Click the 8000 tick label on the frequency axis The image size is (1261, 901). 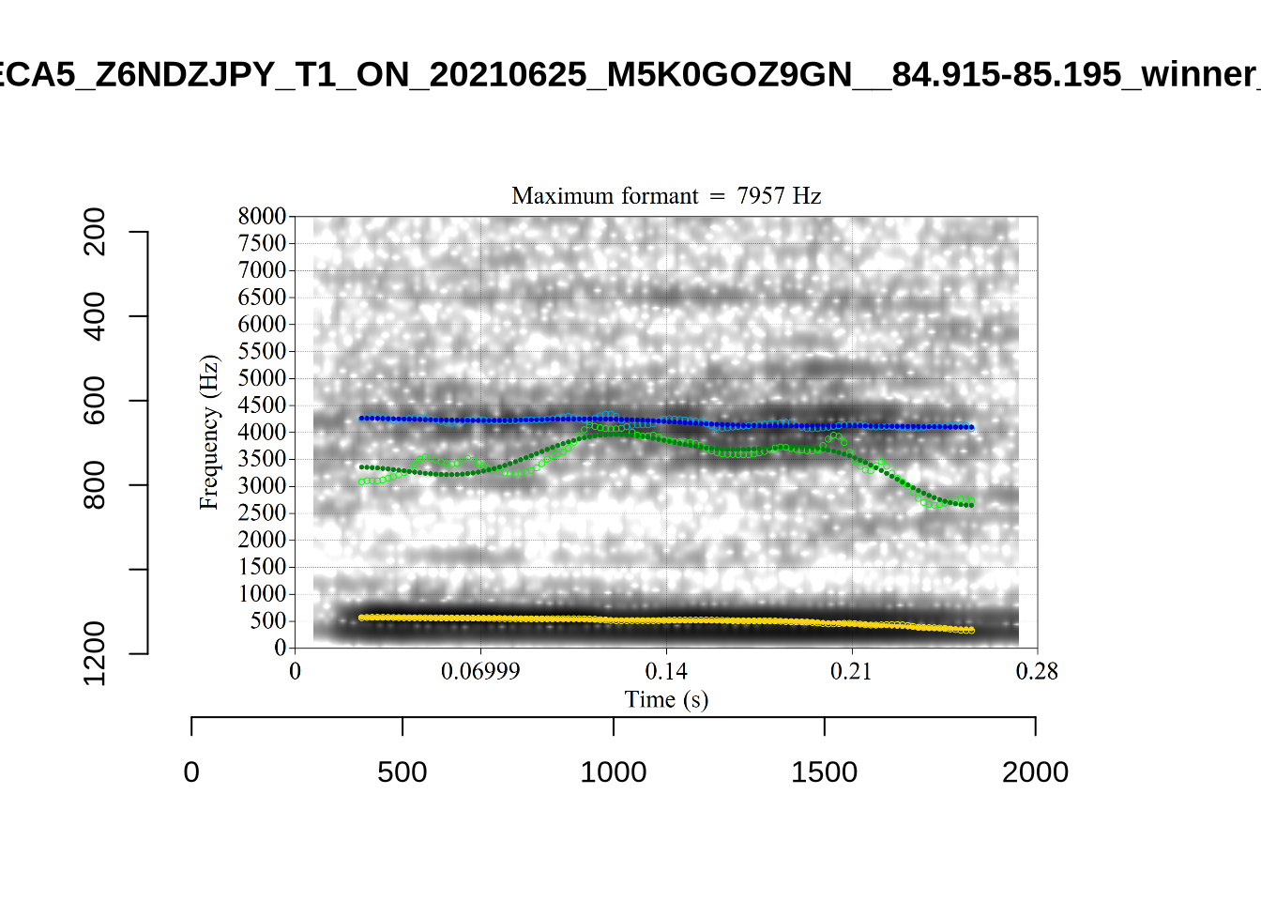click(262, 217)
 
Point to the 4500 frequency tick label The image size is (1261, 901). click(262, 405)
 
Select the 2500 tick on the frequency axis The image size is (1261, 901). click(262, 513)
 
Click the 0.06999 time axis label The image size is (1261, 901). click(480, 672)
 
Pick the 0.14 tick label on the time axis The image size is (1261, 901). click(666, 672)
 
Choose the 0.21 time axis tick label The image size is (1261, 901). click(851, 672)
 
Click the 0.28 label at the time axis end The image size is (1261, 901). click(1037, 672)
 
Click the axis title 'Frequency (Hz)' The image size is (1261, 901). click(208, 433)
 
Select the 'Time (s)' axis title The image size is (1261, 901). click(666, 700)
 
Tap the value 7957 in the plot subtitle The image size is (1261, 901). click(761, 196)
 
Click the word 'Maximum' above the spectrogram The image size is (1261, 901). click(557, 196)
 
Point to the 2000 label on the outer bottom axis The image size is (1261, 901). click(1035, 772)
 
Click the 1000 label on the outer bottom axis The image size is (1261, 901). click(614, 772)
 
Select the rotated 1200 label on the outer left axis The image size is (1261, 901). click(95, 653)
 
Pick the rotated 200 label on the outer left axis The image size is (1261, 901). click(95, 232)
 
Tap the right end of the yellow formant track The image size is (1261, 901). click(971, 630)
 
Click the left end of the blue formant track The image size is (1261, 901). click(361, 419)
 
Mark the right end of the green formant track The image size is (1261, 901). click(971, 505)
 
